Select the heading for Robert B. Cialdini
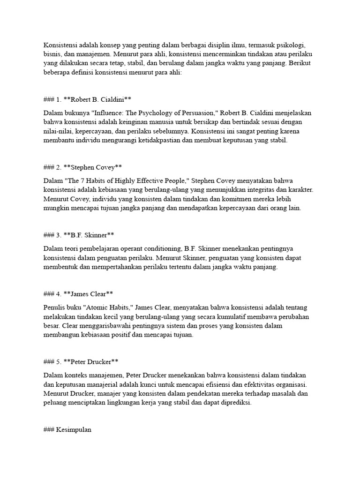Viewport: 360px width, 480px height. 87,99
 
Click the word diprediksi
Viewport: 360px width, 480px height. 235,403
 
